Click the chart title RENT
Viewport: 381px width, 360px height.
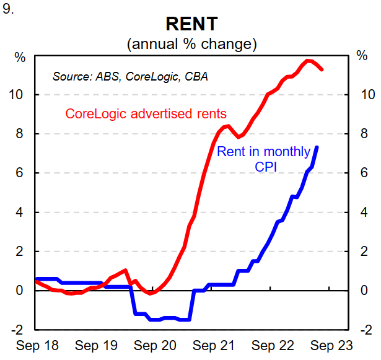(191, 24)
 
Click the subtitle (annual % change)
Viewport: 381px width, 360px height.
(191, 45)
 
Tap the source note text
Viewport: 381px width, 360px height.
(130, 77)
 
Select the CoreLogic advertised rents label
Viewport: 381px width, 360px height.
(146, 114)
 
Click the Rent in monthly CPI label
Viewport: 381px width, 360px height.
(263, 159)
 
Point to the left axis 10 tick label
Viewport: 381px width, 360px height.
(20, 95)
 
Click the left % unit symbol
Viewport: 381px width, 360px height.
(20, 58)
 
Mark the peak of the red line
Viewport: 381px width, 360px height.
(309, 60)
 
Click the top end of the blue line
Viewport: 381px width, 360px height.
(317, 147)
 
